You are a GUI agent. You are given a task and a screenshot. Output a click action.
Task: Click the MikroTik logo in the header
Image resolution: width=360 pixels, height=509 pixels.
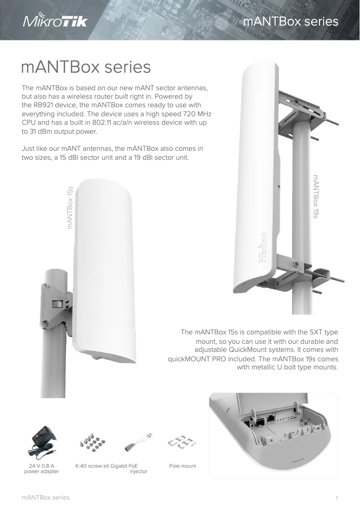pos(55,22)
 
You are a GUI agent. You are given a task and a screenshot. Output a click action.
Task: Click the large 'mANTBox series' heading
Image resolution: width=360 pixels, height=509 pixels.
pos(86,67)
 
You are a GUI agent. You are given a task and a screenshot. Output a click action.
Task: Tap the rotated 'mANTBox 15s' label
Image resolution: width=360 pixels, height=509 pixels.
pos(70,207)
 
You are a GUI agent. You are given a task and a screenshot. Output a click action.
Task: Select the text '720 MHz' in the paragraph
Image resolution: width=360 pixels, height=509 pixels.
pos(198,114)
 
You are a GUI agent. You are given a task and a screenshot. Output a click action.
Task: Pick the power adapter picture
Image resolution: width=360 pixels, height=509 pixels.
pos(42,442)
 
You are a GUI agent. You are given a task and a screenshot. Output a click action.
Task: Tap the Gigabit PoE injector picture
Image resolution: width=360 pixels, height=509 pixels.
pos(138,443)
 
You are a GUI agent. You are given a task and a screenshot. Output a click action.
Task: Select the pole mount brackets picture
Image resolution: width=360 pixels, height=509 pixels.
pos(182,442)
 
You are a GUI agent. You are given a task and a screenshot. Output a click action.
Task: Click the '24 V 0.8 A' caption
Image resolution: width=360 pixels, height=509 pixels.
pos(42,466)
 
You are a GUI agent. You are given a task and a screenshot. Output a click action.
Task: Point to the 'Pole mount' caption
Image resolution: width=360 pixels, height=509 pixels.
pos(182,466)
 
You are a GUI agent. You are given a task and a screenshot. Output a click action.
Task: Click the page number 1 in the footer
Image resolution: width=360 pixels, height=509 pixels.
pos(337,498)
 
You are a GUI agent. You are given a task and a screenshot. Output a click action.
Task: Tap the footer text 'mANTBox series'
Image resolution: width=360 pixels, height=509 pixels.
pos(45,497)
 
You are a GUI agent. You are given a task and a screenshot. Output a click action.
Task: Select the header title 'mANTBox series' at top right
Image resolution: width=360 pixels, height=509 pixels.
pos(290,22)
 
